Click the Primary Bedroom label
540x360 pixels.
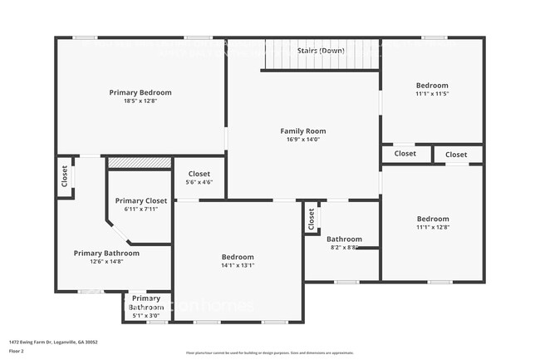point(140,92)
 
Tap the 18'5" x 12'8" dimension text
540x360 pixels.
point(140,101)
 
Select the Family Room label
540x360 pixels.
point(302,131)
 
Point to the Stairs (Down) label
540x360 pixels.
point(321,51)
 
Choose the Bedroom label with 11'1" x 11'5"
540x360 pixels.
point(432,86)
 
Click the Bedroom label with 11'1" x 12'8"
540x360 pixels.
point(432,219)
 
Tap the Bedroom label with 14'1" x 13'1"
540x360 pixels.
point(238,257)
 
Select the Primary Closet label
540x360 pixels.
point(141,200)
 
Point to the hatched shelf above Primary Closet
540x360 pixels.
point(140,162)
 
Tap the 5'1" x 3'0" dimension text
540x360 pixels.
point(146,316)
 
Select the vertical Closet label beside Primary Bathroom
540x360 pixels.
point(64,176)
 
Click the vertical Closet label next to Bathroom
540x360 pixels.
point(312,218)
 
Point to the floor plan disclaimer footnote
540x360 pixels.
point(269,353)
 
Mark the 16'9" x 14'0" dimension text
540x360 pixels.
point(302,140)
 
